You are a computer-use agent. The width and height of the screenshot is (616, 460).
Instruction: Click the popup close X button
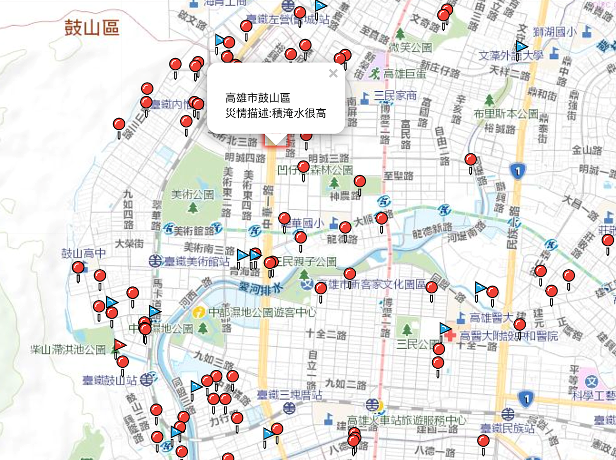pos(333,73)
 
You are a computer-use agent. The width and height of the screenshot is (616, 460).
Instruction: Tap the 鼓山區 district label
pos(92,28)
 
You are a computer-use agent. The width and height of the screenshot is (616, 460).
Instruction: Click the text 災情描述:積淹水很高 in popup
pos(276,113)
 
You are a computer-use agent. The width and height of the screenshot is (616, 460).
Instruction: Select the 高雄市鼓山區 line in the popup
pos(258,98)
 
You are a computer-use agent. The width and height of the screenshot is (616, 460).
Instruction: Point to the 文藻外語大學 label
pos(510,55)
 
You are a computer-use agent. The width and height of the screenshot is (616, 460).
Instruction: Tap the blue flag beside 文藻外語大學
pos(522,47)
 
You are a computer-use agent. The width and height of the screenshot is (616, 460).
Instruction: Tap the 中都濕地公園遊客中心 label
pos(262,311)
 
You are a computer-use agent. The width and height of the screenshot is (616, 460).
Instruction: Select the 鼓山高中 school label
pos(83,253)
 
